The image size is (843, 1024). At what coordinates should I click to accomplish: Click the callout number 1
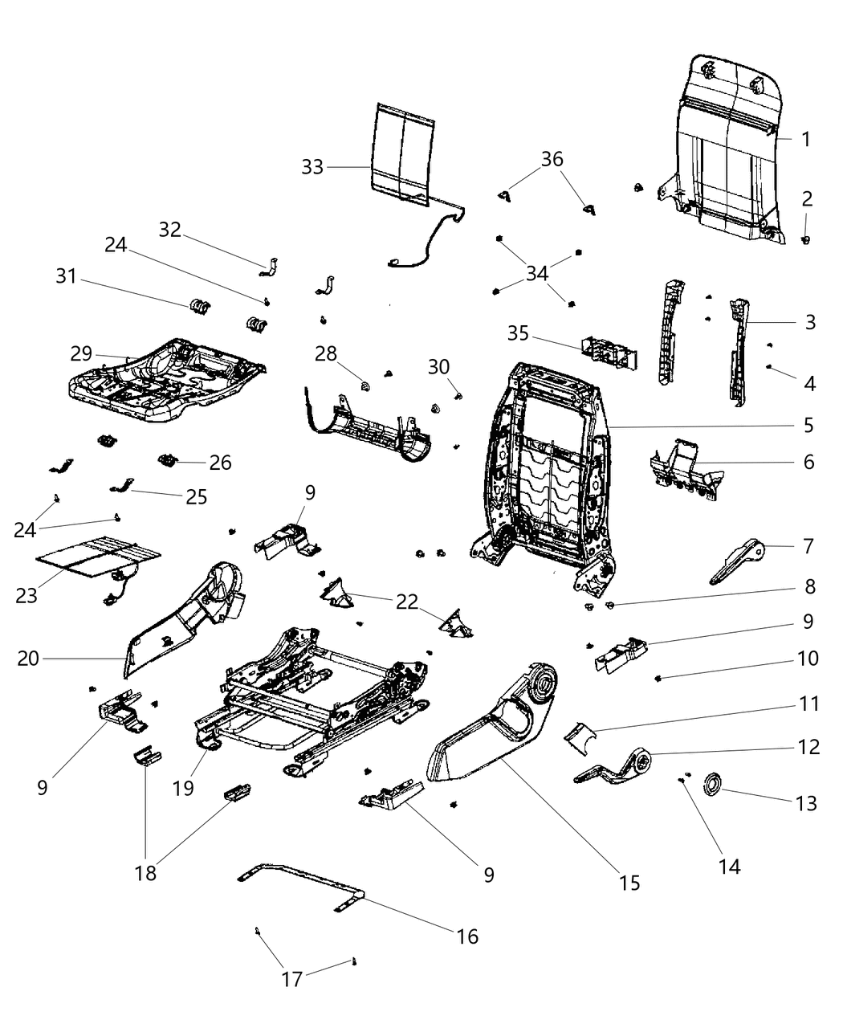pos(806,139)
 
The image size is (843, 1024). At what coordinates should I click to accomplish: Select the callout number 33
pos(312,167)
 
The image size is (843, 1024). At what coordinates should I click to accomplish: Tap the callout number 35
pos(519,332)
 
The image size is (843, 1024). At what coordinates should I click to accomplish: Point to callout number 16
pos(467,936)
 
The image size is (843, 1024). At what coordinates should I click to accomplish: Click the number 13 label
pos(805,802)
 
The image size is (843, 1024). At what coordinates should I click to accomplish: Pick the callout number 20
pos(28,659)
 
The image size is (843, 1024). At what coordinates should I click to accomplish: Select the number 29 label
pos(82,354)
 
